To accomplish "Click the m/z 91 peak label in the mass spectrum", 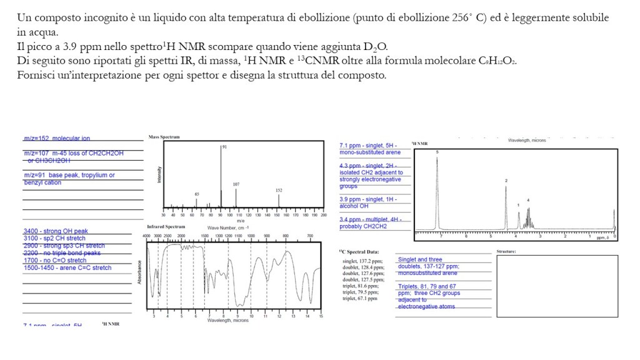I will coord(224,146).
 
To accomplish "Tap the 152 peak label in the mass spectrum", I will coord(279,189).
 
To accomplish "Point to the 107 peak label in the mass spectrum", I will coord(236,184).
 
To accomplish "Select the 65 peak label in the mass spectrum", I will coord(197,194).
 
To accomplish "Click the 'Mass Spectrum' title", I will coord(165,136).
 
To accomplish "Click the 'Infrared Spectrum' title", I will coord(166,226).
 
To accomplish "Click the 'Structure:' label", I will coord(505,251).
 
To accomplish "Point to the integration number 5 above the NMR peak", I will coord(437,151).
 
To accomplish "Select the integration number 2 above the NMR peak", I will coord(506,180).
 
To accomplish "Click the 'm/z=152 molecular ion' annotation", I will coord(57,138).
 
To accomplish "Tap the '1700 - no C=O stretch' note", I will coord(55,260).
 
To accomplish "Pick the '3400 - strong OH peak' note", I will coord(56,231).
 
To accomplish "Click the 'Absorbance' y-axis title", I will coord(140,272).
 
